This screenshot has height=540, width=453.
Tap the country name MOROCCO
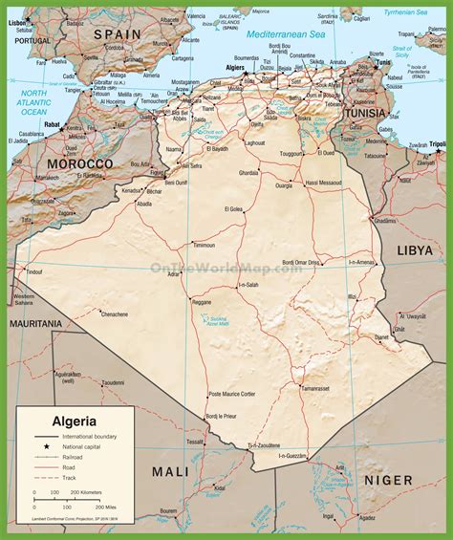pyautogui.click(x=74, y=163)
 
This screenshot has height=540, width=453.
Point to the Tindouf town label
pyautogui.click(x=34, y=272)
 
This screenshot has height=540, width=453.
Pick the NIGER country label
pyautogui.click(x=387, y=480)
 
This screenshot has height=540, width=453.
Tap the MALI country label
pyautogui.click(x=171, y=470)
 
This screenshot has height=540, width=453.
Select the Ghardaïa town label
pyautogui.click(x=248, y=173)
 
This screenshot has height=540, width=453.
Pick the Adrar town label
pyautogui.click(x=173, y=274)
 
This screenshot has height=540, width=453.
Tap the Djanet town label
pyautogui.click(x=381, y=336)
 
